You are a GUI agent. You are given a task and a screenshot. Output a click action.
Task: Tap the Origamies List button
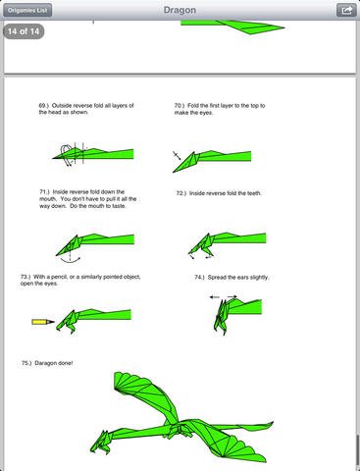pyautogui.click(x=27, y=10)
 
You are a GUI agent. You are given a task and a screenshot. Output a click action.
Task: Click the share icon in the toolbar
pyautogui.click(x=346, y=10)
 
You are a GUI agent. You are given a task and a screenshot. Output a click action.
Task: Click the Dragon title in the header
pyautogui.click(x=180, y=10)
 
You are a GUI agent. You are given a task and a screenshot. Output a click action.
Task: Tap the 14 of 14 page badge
pyautogui.click(x=24, y=31)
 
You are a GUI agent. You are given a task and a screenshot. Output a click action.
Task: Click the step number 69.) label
pyautogui.click(x=44, y=106)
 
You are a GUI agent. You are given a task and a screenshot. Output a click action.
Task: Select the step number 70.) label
pyautogui.click(x=180, y=106)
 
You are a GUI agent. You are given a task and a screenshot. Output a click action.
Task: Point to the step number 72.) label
pyautogui.click(x=181, y=193)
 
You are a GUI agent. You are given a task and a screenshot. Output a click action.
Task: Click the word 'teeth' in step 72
pyautogui.click(x=254, y=193)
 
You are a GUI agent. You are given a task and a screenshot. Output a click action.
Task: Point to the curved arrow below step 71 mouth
pyautogui.click(x=71, y=260)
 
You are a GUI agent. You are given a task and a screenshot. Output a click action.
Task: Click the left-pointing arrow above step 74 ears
pyautogui.click(x=215, y=297)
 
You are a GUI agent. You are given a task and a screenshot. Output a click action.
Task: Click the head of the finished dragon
pyautogui.click(x=101, y=443)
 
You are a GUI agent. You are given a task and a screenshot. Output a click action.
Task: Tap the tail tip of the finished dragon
pyautogui.click(x=273, y=422)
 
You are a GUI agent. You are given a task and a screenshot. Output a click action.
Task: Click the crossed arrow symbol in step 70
pyautogui.click(x=177, y=155)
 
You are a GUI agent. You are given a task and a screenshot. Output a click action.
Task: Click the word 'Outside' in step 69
pyautogui.click(x=62, y=106)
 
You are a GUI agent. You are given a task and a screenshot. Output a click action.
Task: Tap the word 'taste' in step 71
pyautogui.click(x=119, y=206)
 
